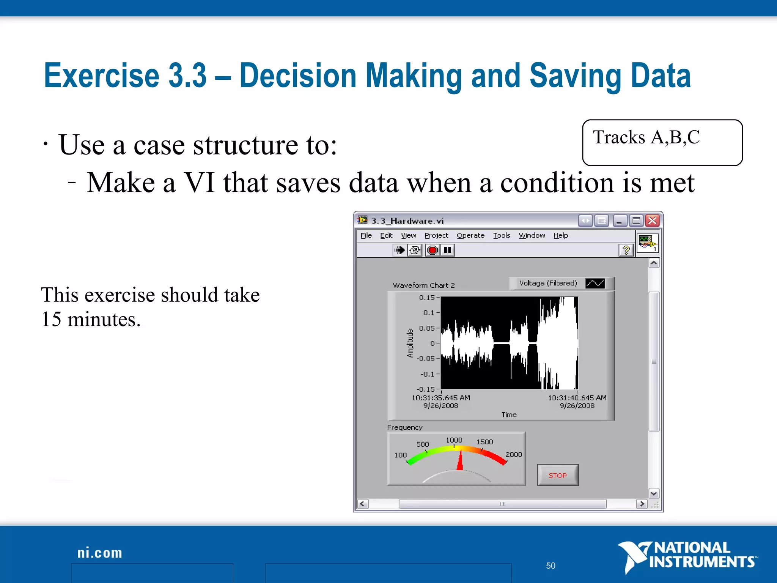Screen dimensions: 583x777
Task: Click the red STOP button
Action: coord(557,475)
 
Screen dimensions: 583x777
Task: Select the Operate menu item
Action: coord(470,235)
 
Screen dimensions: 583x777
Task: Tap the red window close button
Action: coord(653,221)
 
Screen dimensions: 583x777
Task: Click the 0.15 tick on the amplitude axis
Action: coord(427,298)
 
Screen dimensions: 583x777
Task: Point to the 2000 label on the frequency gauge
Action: coord(514,454)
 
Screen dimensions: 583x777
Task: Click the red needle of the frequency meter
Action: coord(460,462)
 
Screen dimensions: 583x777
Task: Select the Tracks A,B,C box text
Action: coord(646,137)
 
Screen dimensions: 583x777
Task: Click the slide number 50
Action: coord(551,566)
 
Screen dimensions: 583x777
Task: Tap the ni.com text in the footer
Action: coord(100,553)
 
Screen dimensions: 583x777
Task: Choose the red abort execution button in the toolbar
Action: coord(432,250)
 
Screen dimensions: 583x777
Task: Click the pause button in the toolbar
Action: coord(448,250)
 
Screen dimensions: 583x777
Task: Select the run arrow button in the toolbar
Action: coord(399,250)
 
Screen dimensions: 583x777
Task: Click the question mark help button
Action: coord(626,250)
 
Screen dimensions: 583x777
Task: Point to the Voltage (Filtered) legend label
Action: coord(548,283)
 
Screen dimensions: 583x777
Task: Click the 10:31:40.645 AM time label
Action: coord(577,398)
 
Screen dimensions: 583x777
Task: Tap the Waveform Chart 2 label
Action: coord(423,285)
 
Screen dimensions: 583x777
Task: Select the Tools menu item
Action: coord(502,235)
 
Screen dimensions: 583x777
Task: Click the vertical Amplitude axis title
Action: coord(410,343)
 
